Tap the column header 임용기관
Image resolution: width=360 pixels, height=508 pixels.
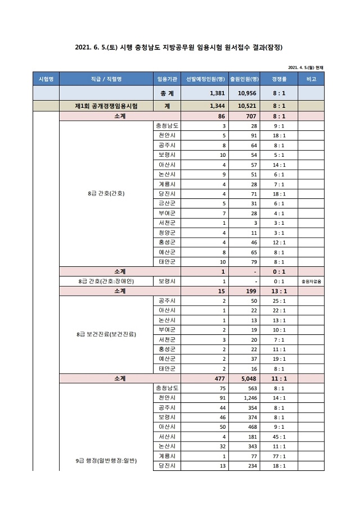[166, 79]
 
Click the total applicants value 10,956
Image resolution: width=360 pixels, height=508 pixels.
[248, 93]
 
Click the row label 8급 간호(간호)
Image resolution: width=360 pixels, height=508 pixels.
[106, 193]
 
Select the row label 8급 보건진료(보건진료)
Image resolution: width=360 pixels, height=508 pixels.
[106, 334]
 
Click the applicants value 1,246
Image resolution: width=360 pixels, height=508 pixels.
[248, 397]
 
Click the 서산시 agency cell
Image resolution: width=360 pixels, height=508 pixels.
[166, 436]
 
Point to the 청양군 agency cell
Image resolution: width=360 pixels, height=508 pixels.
[166, 232]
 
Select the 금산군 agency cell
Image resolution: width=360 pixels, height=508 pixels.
[166, 203]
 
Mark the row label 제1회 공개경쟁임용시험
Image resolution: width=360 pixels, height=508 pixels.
[106, 105]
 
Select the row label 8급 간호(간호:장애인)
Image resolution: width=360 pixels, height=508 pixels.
[106, 281]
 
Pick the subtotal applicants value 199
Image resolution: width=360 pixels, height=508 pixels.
[250, 291]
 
